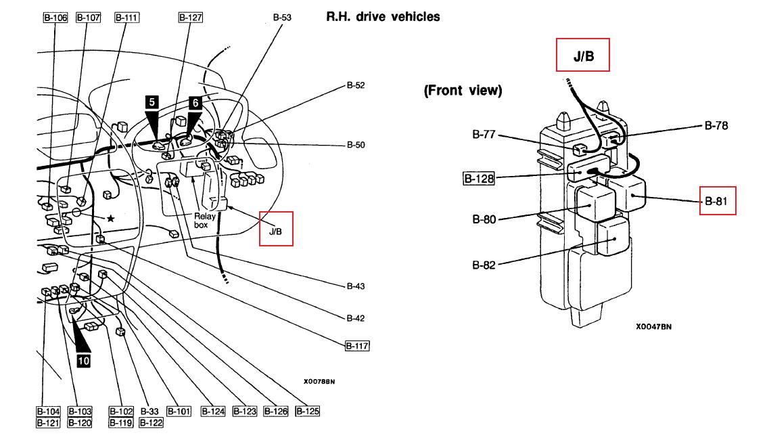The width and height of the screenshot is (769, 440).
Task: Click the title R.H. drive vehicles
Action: [383, 17]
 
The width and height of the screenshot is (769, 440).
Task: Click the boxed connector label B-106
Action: [55, 18]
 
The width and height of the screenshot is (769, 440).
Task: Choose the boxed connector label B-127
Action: [190, 18]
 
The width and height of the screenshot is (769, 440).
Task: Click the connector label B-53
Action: [282, 17]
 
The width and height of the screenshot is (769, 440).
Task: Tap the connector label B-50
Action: [356, 145]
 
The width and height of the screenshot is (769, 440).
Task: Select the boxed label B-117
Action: [357, 346]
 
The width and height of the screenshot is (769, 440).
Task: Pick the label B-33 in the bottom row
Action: [149, 412]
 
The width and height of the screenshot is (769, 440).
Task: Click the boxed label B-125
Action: [308, 411]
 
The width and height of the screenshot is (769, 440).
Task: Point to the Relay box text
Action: [204, 221]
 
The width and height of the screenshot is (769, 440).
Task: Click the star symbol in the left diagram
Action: [111, 219]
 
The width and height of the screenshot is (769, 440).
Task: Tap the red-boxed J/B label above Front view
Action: [582, 55]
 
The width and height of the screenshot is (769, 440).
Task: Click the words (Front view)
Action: [463, 90]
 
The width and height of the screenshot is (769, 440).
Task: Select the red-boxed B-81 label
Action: [718, 201]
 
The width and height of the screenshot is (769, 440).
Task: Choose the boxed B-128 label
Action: [479, 178]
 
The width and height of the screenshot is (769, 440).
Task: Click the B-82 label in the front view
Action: [484, 265]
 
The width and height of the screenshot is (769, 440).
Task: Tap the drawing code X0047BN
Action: [654, 326]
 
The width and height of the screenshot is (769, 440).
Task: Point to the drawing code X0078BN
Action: [319, 382]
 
